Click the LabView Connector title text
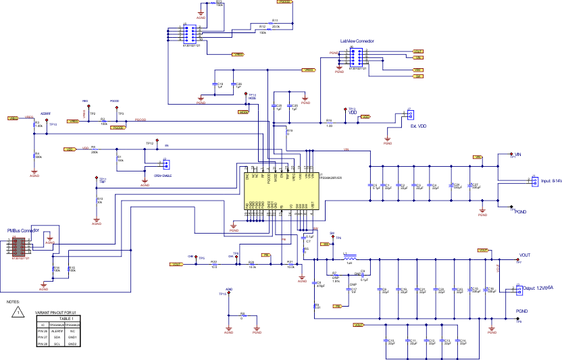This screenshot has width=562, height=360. (357, 41)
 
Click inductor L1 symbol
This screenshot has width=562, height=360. (349, 258)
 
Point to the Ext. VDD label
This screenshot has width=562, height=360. (419, 126)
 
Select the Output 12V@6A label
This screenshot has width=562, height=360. (538, 288)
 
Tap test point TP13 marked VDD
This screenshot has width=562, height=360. (351, 111)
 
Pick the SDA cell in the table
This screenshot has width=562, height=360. (58, 338)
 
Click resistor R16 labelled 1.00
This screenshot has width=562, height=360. (329, 122)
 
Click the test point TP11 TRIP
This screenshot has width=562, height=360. (101, 181)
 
